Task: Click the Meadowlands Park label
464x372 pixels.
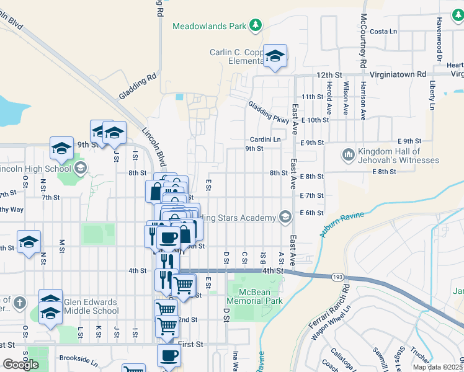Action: [x=209, y=27]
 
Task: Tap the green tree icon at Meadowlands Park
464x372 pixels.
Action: [x=255, y=25]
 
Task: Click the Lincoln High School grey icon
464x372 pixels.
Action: [x=80, y=168]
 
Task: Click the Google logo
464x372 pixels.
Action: [x=20, y=365]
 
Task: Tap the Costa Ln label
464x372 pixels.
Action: [x=383, y=31]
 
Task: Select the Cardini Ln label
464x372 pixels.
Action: [x=265, y=139]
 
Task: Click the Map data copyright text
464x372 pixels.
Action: [x=438, y=367]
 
